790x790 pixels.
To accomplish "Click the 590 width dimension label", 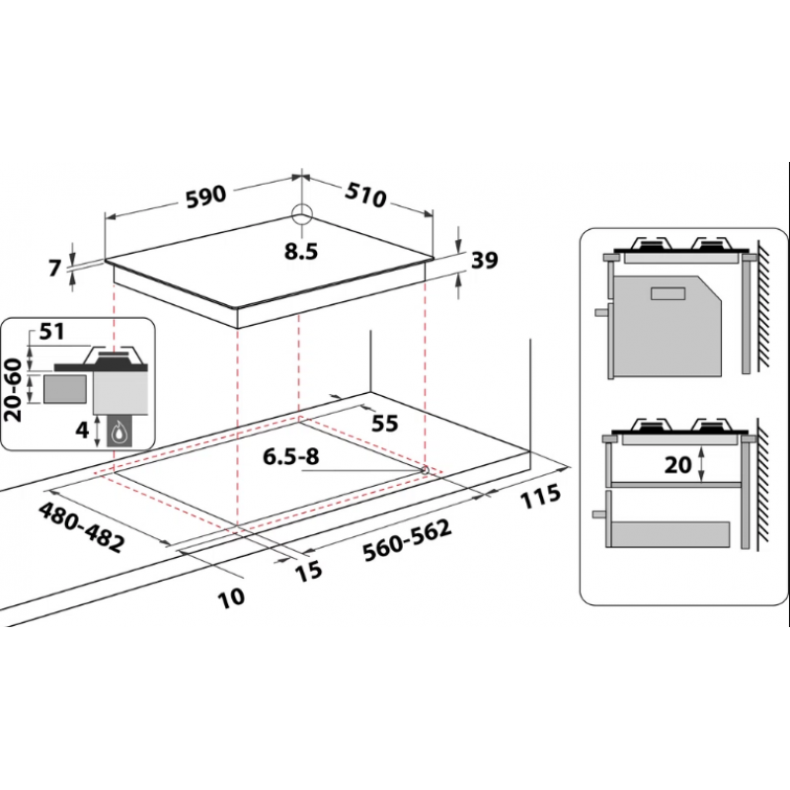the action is [206, 197].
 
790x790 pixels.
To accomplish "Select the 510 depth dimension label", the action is [365, 195].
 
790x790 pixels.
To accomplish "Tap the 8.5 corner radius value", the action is [301, 252].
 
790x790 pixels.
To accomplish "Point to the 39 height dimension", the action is [484, 260].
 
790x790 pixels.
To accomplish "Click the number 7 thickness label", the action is [55, 268].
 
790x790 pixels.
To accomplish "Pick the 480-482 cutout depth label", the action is [81, 527].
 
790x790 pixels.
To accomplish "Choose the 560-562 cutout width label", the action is [407, 541].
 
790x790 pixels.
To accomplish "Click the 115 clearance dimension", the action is [540, 497].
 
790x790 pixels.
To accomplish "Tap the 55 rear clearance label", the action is [385, 424].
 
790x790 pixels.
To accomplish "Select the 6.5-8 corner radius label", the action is [291, 457].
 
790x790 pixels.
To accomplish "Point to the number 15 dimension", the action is [308, 571].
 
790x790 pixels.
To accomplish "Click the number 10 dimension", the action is [231, 597].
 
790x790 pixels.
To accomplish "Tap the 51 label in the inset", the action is [52, 332].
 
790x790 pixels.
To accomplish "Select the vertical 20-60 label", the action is [14, 389].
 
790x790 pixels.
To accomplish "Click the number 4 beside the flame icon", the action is [83, 430].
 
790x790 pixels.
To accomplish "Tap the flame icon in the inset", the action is [118, 432].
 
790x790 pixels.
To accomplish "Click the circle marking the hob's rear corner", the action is [302, 211].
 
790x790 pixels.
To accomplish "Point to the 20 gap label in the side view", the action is [677, 464].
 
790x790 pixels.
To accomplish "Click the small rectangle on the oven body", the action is [669, 292].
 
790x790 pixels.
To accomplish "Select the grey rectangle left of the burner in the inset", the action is [64, 388].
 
